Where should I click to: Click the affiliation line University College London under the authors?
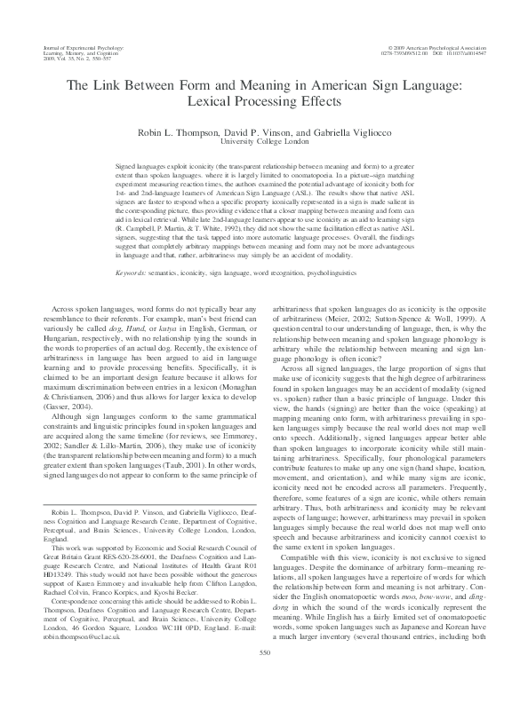click(263, 141)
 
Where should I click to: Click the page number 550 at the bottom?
click(263, 677)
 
